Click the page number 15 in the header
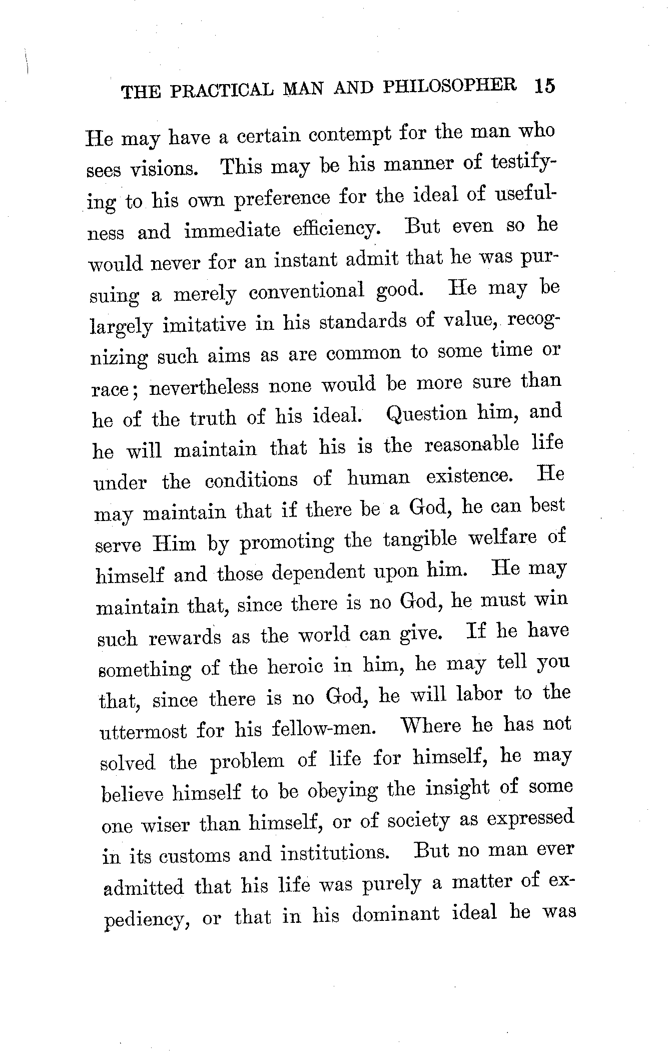point(544,86)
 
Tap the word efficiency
point(333,229)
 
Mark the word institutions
point(334,854)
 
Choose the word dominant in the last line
point(395,915)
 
